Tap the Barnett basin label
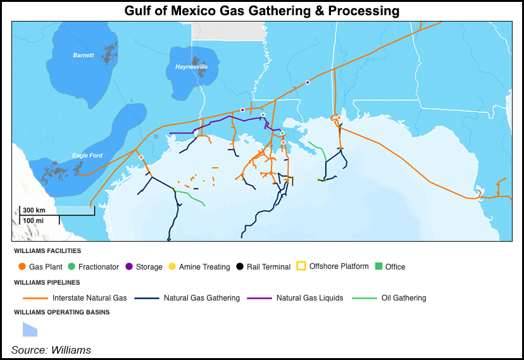[x=83, y=56]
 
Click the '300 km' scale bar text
[x=34, y=209]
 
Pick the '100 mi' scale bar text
[x=34, y=220]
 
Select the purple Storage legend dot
[x=129, y=267]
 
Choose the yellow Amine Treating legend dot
[x=172, y=267]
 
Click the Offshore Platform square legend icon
[x=301, y=266]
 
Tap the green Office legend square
[x=379, y=266]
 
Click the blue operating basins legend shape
[x=30, y=329]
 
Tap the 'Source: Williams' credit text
[x=51, y=350]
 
